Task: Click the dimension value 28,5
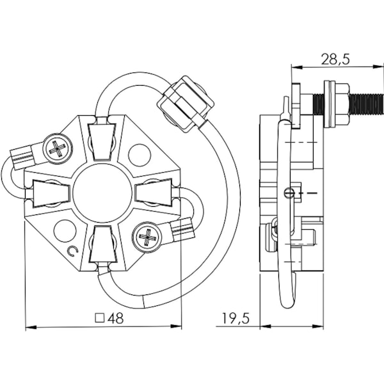tap(335, 59)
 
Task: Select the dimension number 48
tap(115, 317)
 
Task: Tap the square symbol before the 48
tap(99, 317)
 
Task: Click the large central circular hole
tap(102, 193)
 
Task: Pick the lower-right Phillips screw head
tap(148, 239)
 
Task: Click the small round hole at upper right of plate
tap(139, 155)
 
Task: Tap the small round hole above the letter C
tap(65, 230)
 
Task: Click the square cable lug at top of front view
tap(186, 103)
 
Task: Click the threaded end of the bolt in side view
tap(365, 103)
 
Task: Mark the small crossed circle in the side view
tap(289, 193)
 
